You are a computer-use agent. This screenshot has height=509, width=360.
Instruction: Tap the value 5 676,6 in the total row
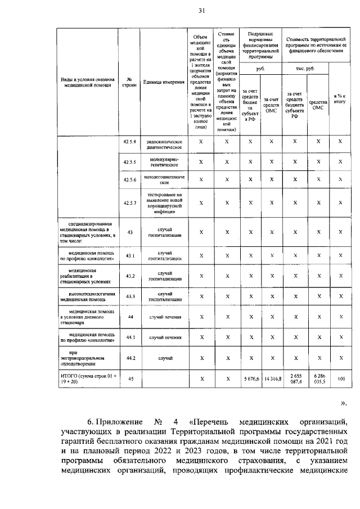pos(249,379)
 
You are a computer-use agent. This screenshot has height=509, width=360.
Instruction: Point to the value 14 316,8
pos(271,379)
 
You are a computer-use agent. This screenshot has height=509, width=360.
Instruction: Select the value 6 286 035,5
pos(318,379)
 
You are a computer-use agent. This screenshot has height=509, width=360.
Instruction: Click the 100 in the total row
pos(340,379)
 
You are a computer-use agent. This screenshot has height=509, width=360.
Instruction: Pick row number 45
pos(130,379)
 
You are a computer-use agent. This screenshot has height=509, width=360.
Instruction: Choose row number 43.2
pos(130,276)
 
